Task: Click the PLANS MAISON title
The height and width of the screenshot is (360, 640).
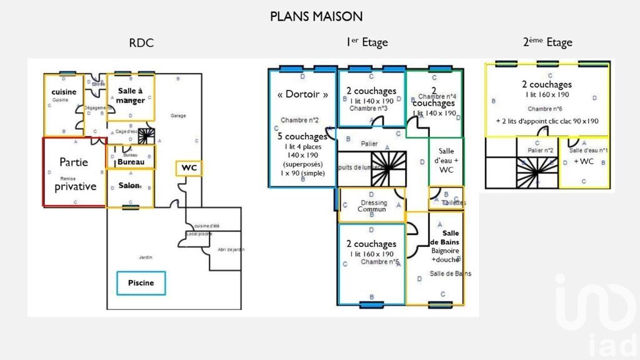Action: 316,16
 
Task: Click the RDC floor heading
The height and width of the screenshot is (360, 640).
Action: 141,43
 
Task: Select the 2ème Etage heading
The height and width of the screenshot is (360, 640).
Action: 547,42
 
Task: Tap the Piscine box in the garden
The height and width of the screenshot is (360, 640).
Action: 141,283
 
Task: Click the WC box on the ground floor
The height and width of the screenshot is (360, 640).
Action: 189,167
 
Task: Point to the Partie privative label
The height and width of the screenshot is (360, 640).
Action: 74,174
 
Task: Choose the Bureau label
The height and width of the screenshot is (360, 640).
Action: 131,162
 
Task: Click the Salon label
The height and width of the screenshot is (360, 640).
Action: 129,186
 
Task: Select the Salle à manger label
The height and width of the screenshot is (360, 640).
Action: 131,96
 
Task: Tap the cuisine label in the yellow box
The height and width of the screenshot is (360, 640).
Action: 64,92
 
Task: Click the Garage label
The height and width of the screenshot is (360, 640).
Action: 178,116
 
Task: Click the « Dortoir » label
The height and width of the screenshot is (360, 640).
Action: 302,95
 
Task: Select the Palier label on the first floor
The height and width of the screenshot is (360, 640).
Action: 369,144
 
